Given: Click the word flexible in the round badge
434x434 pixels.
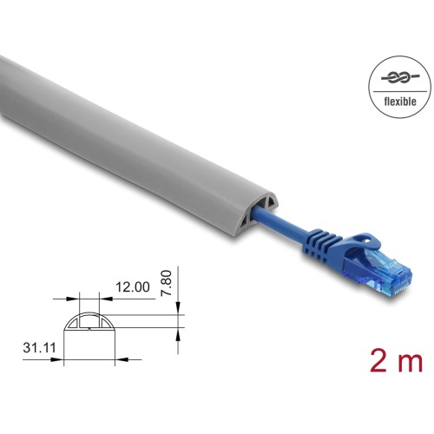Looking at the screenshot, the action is [400, 102].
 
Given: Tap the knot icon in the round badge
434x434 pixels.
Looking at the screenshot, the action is [400, 77].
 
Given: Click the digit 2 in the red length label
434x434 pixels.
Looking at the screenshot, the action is [379, 360].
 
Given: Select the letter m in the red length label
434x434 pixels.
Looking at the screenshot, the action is [410, 363].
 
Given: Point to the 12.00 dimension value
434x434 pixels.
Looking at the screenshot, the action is [133, 287].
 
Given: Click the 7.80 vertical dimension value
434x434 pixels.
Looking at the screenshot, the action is [166, 283].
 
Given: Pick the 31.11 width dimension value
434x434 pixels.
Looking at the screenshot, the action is [39, 347].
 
